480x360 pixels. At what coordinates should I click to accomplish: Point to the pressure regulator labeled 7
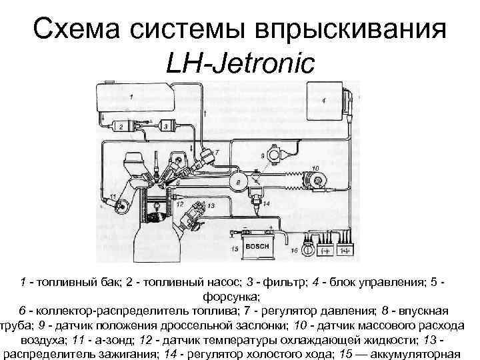coord(209,157)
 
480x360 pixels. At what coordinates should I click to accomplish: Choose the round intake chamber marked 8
coord(238,181)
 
